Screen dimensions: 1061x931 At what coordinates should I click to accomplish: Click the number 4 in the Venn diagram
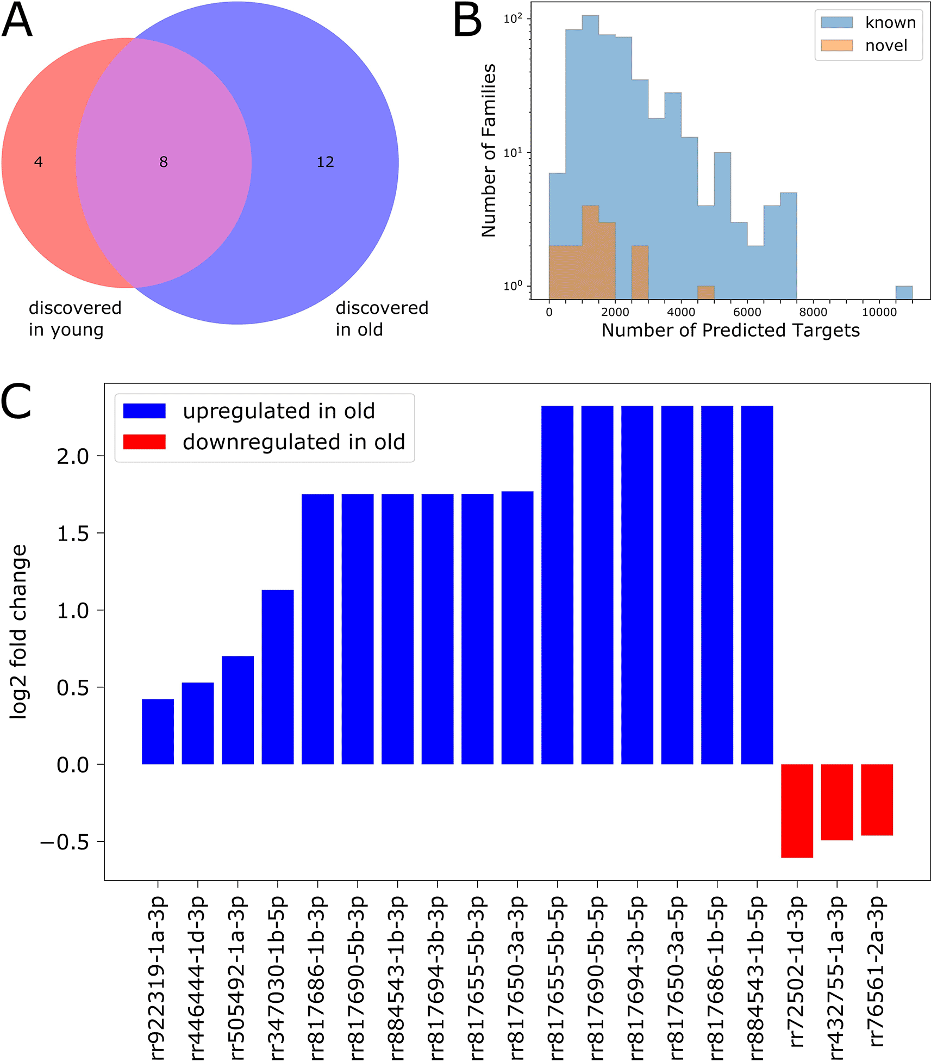pos(38,162)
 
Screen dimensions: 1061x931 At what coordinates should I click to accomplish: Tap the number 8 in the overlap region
pos(164,162)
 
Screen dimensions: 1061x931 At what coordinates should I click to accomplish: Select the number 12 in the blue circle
pos(325,162)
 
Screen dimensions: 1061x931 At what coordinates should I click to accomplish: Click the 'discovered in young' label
pos(75,319)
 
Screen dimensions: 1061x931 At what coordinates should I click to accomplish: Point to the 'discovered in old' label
pos(382,319)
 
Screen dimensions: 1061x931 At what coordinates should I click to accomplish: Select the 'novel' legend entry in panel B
pos(886,46)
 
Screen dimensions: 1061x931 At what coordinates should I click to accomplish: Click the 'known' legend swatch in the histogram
pos(836,22)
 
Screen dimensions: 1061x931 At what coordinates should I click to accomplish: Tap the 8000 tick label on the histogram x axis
pos(813,313)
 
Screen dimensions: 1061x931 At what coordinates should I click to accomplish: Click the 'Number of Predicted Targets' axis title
pos(730,331)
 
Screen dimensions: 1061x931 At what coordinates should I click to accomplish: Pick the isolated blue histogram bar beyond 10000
pos(904,293)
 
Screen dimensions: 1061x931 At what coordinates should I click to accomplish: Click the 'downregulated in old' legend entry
pos(293,442)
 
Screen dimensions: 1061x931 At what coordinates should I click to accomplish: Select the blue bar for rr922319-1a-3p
pos(158,731)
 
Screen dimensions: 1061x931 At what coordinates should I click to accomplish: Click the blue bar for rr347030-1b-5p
pos(278,677)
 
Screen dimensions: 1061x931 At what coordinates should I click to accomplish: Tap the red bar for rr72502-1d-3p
pos(797,810)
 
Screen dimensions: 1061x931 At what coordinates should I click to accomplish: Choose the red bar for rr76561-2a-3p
pos(877,799)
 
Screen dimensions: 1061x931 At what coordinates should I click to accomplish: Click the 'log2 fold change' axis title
pos(19,632)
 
